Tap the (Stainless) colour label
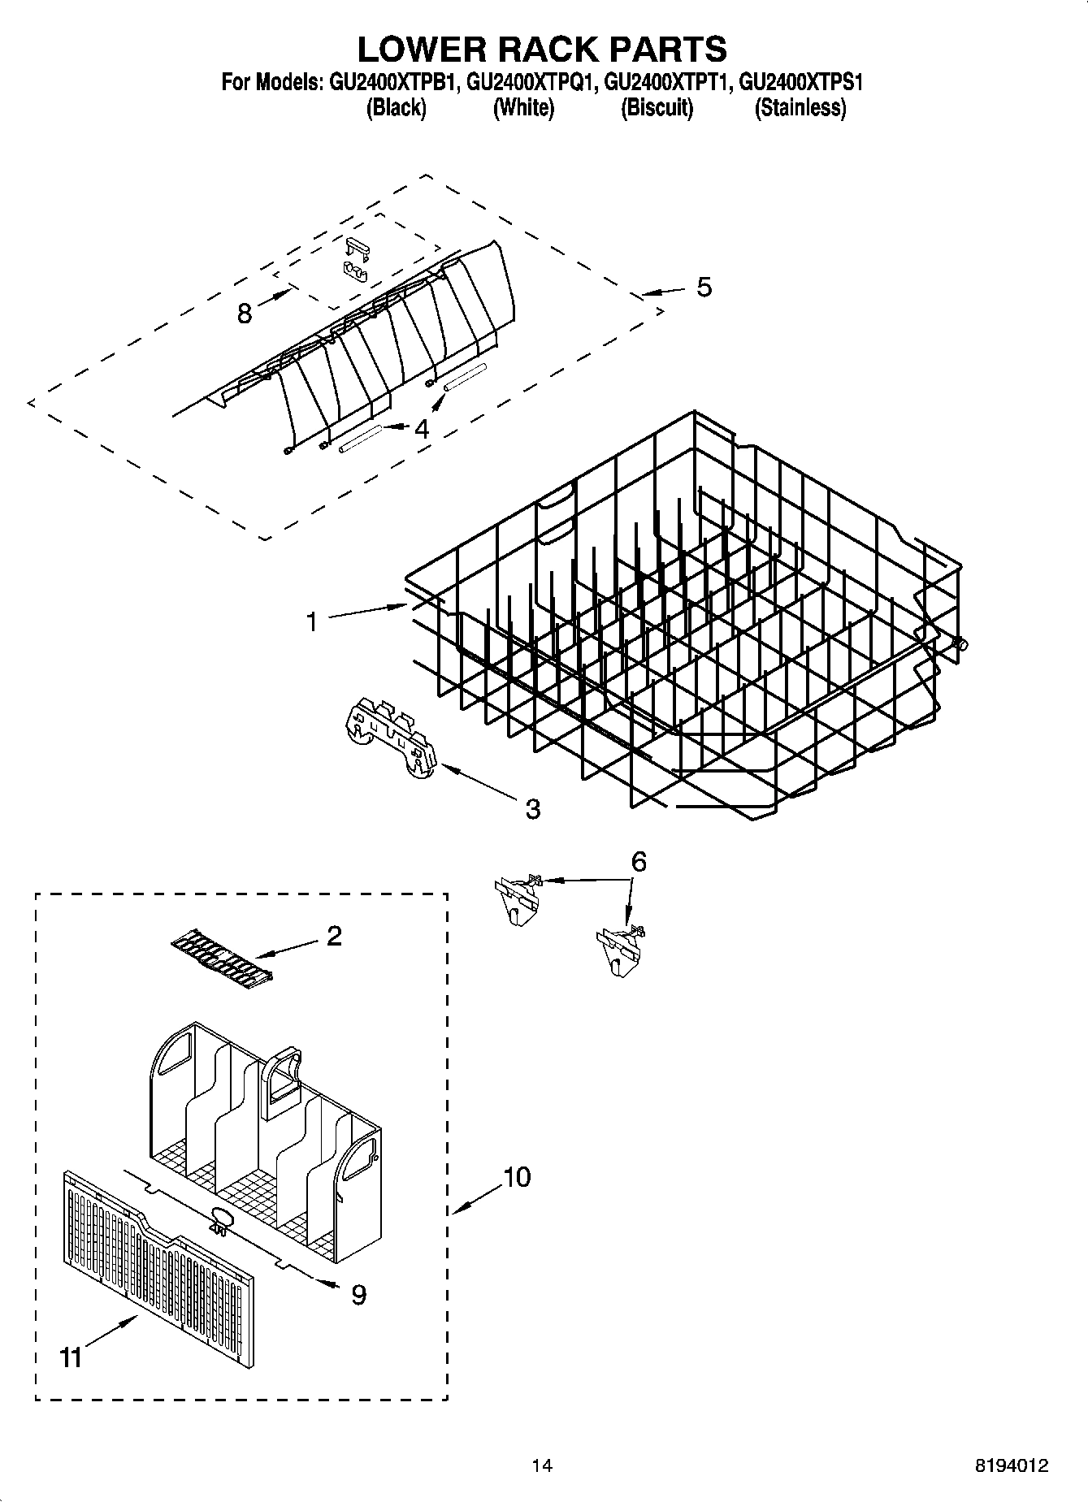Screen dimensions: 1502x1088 pyautogui.click(x=800, y=108)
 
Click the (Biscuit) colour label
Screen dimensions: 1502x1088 pyautogui.click(x=657, y=108)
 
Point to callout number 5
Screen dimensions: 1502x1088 pyautogui.click(x=704, y=287)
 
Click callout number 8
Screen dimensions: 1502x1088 pyautogui.click(x=245, y=314)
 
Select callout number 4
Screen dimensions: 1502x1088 pyautogui.click(x=421, y=428)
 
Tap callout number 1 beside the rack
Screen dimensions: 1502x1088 pyautogui.click(x=311, y=621)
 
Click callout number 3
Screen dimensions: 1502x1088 pyautogui.click(x=532, y=808)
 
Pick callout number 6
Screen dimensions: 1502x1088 pyautogui.click(x=639, y=862)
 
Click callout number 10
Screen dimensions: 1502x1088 pyautogui.click(x=517, y=1176)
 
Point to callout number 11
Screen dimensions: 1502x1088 pyautogui.click(x=72, y=1357)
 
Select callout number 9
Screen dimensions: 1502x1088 pyautogui.click(x=358, y=1294)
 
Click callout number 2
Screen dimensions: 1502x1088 pyautogui.click(x=334, y=936)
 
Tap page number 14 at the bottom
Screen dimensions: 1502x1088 pyautogui.click(x=542, y=1466)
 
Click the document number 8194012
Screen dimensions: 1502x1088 pyautogui.click(x=1012, y=1466)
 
